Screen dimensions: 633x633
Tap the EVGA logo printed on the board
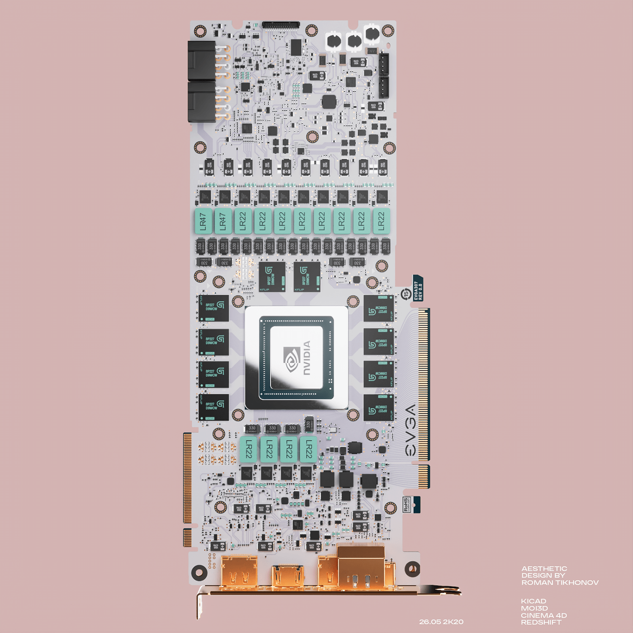pos(410,430)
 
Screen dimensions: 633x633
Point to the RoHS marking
pos(406,505)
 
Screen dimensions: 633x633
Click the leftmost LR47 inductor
pos(203,221)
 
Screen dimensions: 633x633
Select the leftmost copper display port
pos(239,572)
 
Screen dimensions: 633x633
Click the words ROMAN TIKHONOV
pos(560,583)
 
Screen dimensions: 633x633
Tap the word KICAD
pos(534,601)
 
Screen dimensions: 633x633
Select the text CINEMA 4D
pos(543,615)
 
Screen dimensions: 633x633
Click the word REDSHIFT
pos(541,623)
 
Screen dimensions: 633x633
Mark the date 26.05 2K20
pos(441,622)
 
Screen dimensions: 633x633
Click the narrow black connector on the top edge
pos(281,24)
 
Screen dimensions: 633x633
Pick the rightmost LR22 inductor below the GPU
pos(308,449)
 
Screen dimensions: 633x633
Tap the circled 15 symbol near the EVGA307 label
pos(406,294)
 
